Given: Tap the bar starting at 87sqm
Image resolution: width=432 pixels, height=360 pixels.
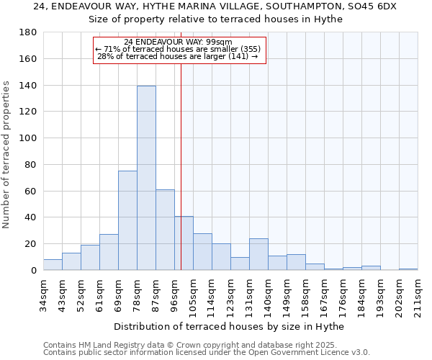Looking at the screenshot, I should coord(165,230).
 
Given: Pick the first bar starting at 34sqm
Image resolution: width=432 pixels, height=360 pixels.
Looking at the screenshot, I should coord(53,265).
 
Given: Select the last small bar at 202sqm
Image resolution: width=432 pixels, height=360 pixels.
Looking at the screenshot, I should coord(408,269).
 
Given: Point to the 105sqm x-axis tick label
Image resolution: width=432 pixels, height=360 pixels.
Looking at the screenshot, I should coord(194,295).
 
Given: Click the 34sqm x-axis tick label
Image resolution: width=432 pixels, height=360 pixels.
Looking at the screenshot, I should coord(44,295).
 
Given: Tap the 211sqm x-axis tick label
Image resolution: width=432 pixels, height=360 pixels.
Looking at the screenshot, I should coord(418,295).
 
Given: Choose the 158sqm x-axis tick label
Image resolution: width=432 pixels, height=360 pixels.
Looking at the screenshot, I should coord(306,295).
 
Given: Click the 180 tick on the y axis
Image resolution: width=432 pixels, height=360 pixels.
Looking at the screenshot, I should coord(29,32).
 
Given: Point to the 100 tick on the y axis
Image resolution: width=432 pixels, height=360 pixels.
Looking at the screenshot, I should coord(29,138).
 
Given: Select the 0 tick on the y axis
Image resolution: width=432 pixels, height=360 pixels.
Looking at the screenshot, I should coord(33,271).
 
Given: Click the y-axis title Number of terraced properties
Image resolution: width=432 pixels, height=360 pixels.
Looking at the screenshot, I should coord(6,155).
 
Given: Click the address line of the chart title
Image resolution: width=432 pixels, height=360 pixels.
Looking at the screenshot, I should coord(215,6).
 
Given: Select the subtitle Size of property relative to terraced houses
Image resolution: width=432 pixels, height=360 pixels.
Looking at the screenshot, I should coord(215,19).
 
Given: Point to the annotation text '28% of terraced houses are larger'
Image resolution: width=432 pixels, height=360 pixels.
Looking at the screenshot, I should coord(177,57).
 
